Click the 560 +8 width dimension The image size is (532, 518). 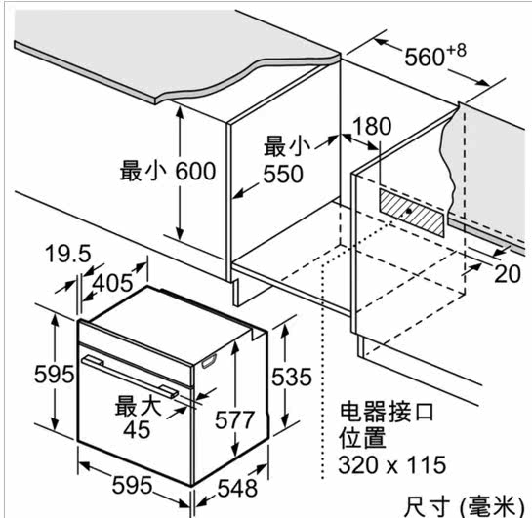[x=435, y=55]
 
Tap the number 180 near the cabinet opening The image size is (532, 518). [x=372, y=126]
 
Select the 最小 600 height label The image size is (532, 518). [x=168, y=171]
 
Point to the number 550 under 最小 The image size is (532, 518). [x=283, y=174]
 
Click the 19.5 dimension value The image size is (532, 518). [x=68, y=254]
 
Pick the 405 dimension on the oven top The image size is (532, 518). [x=112, y=283]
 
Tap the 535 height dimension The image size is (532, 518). [x=292, y=377]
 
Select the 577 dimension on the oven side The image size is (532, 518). [x=234, y=419]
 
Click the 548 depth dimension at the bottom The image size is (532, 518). [x=237, y=488]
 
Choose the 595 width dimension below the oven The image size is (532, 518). [x=133, y=485]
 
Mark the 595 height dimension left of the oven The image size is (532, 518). [x=54, y=375]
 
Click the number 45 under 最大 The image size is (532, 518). [x=137, y=430]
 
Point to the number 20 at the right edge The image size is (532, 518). [x=508, y=273]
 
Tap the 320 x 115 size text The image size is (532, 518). [x=391, y=464]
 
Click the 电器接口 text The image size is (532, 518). [x=387, y=412]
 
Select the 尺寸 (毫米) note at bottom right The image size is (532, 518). [x=464, y=507]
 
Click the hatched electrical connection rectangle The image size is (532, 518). [x=411, y=213]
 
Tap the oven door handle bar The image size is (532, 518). [x=130, y=376]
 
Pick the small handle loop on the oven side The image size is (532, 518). [x=209, y=361]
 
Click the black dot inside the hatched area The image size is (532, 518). [x=409, y=211]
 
